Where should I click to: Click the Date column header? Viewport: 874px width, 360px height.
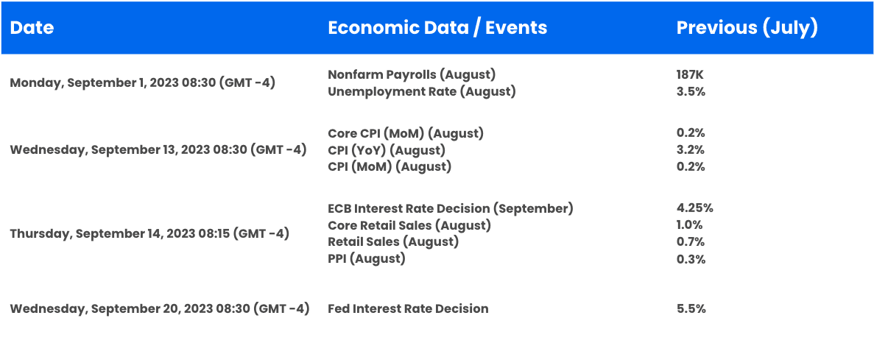click(x=32, y=28)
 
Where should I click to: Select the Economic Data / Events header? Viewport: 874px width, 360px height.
click(x=437, y=28)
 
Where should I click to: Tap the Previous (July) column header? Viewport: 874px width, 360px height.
click(x=747, y=28)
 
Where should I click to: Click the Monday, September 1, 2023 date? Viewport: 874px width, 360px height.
click(x=143, y=83)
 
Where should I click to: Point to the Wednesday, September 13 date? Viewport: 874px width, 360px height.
click(x=158, y=150)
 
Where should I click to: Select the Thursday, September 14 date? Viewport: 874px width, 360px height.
click(x=149, y=233)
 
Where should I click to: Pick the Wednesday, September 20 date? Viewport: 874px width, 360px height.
click(x=160, y=308)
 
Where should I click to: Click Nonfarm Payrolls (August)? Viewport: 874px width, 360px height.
click(x=412, y=74)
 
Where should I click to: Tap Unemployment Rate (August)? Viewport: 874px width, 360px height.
click(x=421, y=91)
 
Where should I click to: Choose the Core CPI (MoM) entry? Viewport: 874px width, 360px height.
click(x=406, y=134)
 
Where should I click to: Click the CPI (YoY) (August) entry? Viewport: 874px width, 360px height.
click(x=387, y=150)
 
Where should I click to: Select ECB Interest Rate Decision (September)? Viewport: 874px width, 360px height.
click(x=451, y=208)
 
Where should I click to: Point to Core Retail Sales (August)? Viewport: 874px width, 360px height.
click(x=409, y=226)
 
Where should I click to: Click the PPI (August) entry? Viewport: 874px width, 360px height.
click(x=366, y=259)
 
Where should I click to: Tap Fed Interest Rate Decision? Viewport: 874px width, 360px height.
click(x=408, y=308)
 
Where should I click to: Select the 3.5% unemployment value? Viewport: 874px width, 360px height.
click(x=691, y=91)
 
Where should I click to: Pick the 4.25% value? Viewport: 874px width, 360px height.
click(x=694, y=208)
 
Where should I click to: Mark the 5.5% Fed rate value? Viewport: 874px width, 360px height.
click(x=691, y=308)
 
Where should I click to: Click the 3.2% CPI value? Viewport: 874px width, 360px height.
click(x=691, y=150)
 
